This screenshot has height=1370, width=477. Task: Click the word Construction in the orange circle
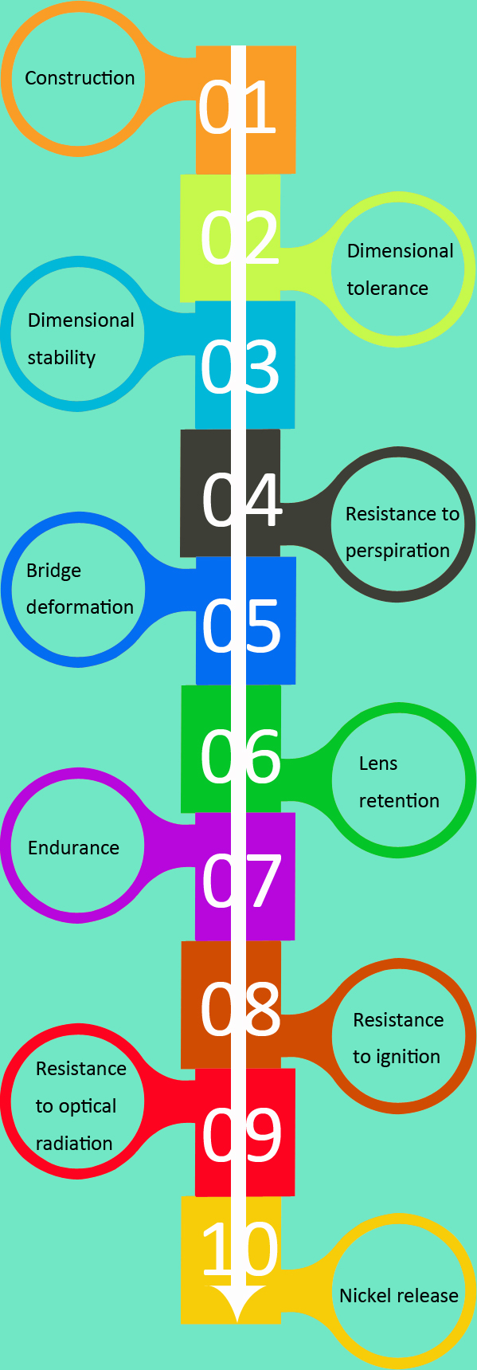pos(80,78)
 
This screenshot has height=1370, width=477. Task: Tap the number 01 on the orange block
pos(237,108)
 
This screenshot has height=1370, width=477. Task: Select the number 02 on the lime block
pos(239,237)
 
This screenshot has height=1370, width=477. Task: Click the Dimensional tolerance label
pos(399,269)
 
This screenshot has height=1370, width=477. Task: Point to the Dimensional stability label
pos(80,339)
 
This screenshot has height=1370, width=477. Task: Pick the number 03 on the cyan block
pos(239,367)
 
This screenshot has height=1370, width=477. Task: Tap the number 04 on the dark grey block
pos(240,501)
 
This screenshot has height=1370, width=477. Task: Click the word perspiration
pos(397,551)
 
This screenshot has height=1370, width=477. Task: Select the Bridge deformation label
pos(79,589)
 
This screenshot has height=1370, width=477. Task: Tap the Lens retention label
pos(398,782)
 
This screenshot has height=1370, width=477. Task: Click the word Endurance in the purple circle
pos(73,847)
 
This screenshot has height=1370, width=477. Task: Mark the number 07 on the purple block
pos(240,881)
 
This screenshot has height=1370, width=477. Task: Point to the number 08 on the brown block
pos(240,1009)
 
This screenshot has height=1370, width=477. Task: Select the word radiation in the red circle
pos(74,1144)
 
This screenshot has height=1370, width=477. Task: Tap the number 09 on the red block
pos(240,1135)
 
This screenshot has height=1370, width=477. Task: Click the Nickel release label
pos(398,1296)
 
